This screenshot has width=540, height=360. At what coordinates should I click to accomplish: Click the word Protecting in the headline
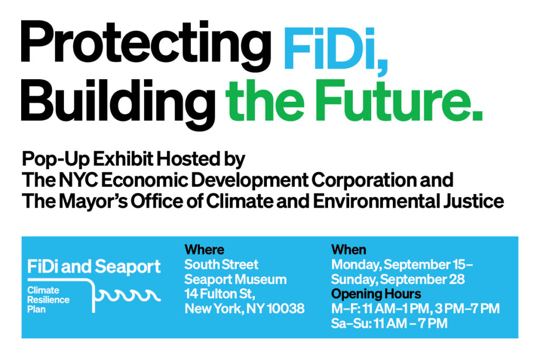[x=146, y=46]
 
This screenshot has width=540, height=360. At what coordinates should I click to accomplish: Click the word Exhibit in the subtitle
[x=123, y=159]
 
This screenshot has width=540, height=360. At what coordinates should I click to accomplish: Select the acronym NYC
[x=79, y=180]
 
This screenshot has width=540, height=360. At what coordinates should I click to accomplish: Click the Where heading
[x=204, y=249]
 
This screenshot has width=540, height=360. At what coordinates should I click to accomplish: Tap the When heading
[x=349, y=249]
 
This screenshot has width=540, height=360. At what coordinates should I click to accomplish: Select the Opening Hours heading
[x=376, y=294]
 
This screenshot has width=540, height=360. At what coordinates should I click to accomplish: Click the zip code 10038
[x=285, y=309]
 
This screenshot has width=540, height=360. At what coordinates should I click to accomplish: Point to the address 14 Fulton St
[x=220, y=294]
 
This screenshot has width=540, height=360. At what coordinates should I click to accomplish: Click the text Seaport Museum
[x=236, y=279]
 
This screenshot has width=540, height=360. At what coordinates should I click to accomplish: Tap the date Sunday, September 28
[x=398, y=279]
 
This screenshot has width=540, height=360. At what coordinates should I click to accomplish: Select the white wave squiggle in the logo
[x=128, y=295]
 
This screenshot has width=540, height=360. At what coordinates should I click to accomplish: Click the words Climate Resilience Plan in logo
[x=48, y=300]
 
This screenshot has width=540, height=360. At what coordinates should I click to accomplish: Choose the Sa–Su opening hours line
[x=389, y=324]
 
